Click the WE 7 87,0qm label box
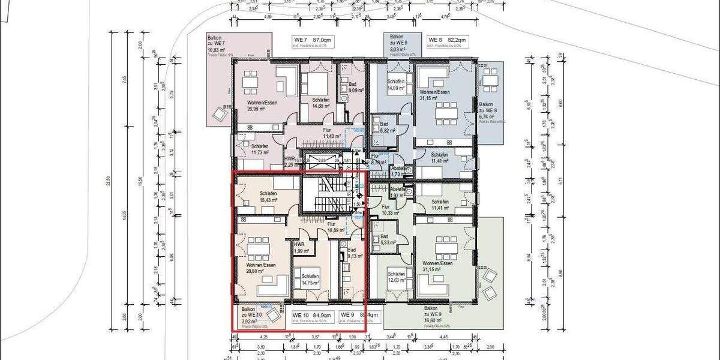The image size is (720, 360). pyautogui.click(x=312, y=42)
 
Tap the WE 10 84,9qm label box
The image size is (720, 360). pyautogui.click(x=312, y=317)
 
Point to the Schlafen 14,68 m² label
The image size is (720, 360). pyautogui.click(x=321, y=103)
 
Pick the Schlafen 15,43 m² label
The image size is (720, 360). pyautogui.click(x=268, y=196)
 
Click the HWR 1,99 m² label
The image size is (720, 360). pyautogui.click(x=299, y=247)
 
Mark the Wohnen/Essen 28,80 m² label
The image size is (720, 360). pyautogui.click(x=260, y=267)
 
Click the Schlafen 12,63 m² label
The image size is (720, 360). pyautogui.click(x=397, y=277)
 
